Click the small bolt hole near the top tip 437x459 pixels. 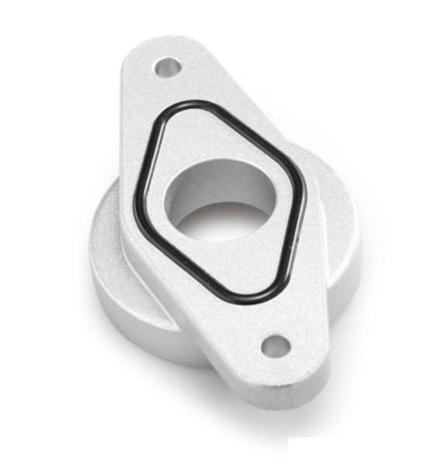point(168,68)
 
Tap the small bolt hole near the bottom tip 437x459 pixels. point(275,345)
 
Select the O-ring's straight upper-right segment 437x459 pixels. point(253,139)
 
